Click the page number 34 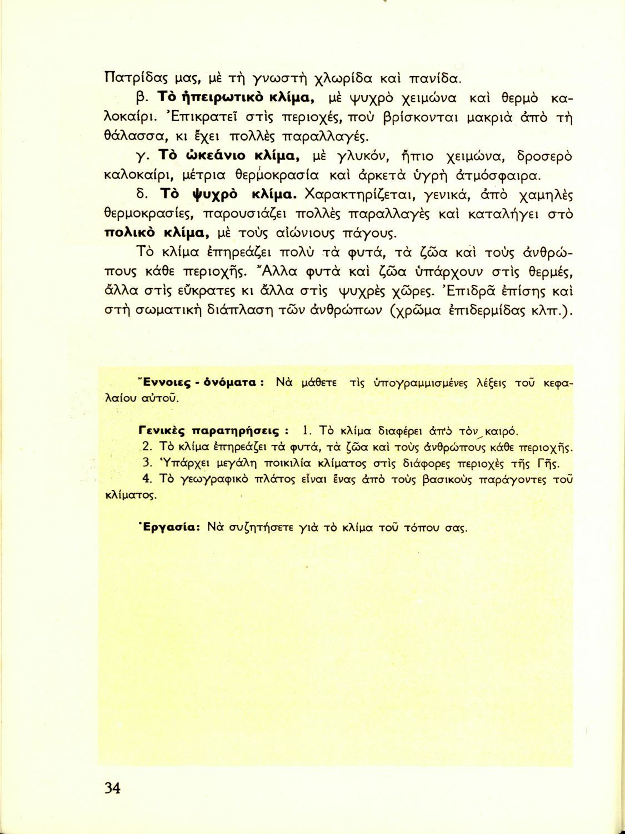pyautogui.click(x=112, y=788)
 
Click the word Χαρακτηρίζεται pyautogui.click(x=362, y=195)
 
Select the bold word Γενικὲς pyautogui.click(x=162, y=431)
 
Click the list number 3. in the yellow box pyautogui.click(x=147, y=463)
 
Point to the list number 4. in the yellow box pyautogui.click(x=147, y=478)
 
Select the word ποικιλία pyautogui.click(x=288, y=463)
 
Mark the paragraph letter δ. pyautogui.click(x=141, y=195)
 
